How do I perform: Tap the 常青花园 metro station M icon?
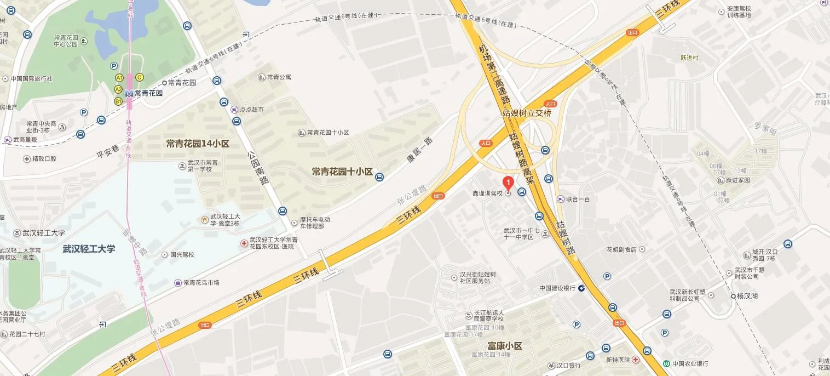[x=129, y=93]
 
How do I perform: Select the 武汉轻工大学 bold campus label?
[x=89, y=249]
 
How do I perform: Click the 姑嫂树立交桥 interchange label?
[x=527, y=113]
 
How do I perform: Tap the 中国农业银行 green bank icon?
[x=666, y=363]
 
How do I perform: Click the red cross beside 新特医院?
[x=635, y=360]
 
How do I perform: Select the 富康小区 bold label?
[x=505, y=346]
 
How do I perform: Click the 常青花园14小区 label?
[x=198, y=144]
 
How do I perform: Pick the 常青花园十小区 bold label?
[x=342, y=172]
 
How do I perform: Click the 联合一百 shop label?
[x=578, y=199]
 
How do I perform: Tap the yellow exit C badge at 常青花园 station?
[x=140, y=77]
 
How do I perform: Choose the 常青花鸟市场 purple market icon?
[x=178, y=283]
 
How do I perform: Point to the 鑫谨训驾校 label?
[x=487, y=193]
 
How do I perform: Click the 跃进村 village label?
[x=689, y=58]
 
